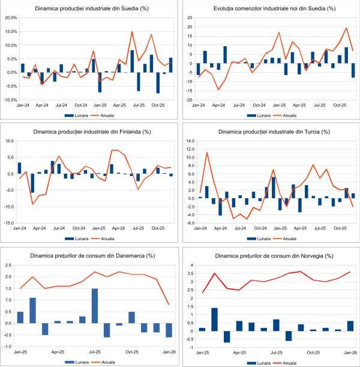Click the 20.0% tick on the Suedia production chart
[x=10, y=18]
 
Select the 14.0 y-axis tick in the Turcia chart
[x=190, y=141]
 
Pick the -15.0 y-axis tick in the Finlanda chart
[x=10, y=223]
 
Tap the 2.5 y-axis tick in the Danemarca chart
[x=9, y=265]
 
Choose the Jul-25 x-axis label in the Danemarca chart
[x=95, y=352]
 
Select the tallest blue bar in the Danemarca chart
[x=95, y=306]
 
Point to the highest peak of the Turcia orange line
[x=207, y=152]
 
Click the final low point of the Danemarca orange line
[x=169, y=305]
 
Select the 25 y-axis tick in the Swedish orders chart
[x=190, y=18]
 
